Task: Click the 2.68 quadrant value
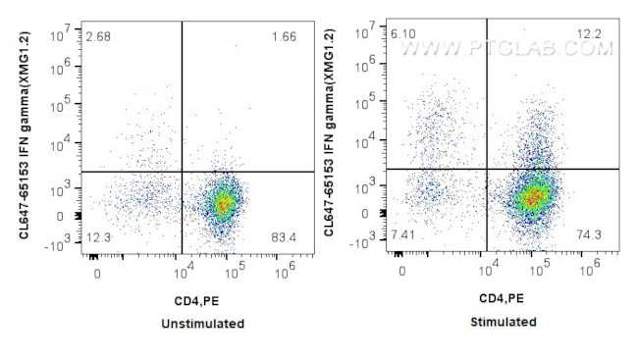click(96, 37)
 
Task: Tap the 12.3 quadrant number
click(96, 237)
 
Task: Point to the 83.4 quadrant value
click(284, 237)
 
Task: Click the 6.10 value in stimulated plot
click(402, 33)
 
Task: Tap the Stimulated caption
click(504, 322)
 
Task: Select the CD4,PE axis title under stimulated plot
click(502, 297)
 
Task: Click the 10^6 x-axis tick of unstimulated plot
click(284, 267)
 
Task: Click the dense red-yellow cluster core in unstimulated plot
click(223, 203)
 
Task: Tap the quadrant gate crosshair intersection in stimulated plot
click(486, 169)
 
